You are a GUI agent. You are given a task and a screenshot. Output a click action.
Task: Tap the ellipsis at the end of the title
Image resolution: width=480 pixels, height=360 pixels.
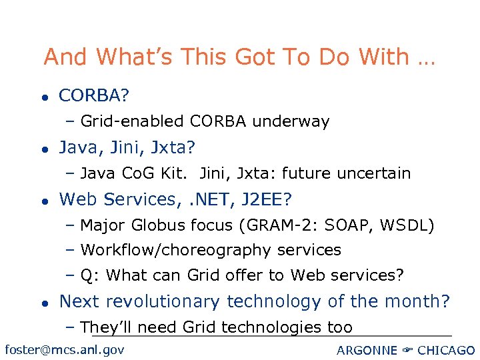pyautogui.click(x=425, y=60)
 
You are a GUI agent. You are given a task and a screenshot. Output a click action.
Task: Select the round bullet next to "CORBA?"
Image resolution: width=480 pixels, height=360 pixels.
pyautogui.click(x=43, y=97)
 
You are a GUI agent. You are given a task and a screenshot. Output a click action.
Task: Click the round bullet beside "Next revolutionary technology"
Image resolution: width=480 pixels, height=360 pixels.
pyautogui.click(x=43, y=303)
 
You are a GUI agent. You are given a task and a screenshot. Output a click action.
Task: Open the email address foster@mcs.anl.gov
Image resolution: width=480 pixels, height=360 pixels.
pyautogui.click(x=64, y=349)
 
